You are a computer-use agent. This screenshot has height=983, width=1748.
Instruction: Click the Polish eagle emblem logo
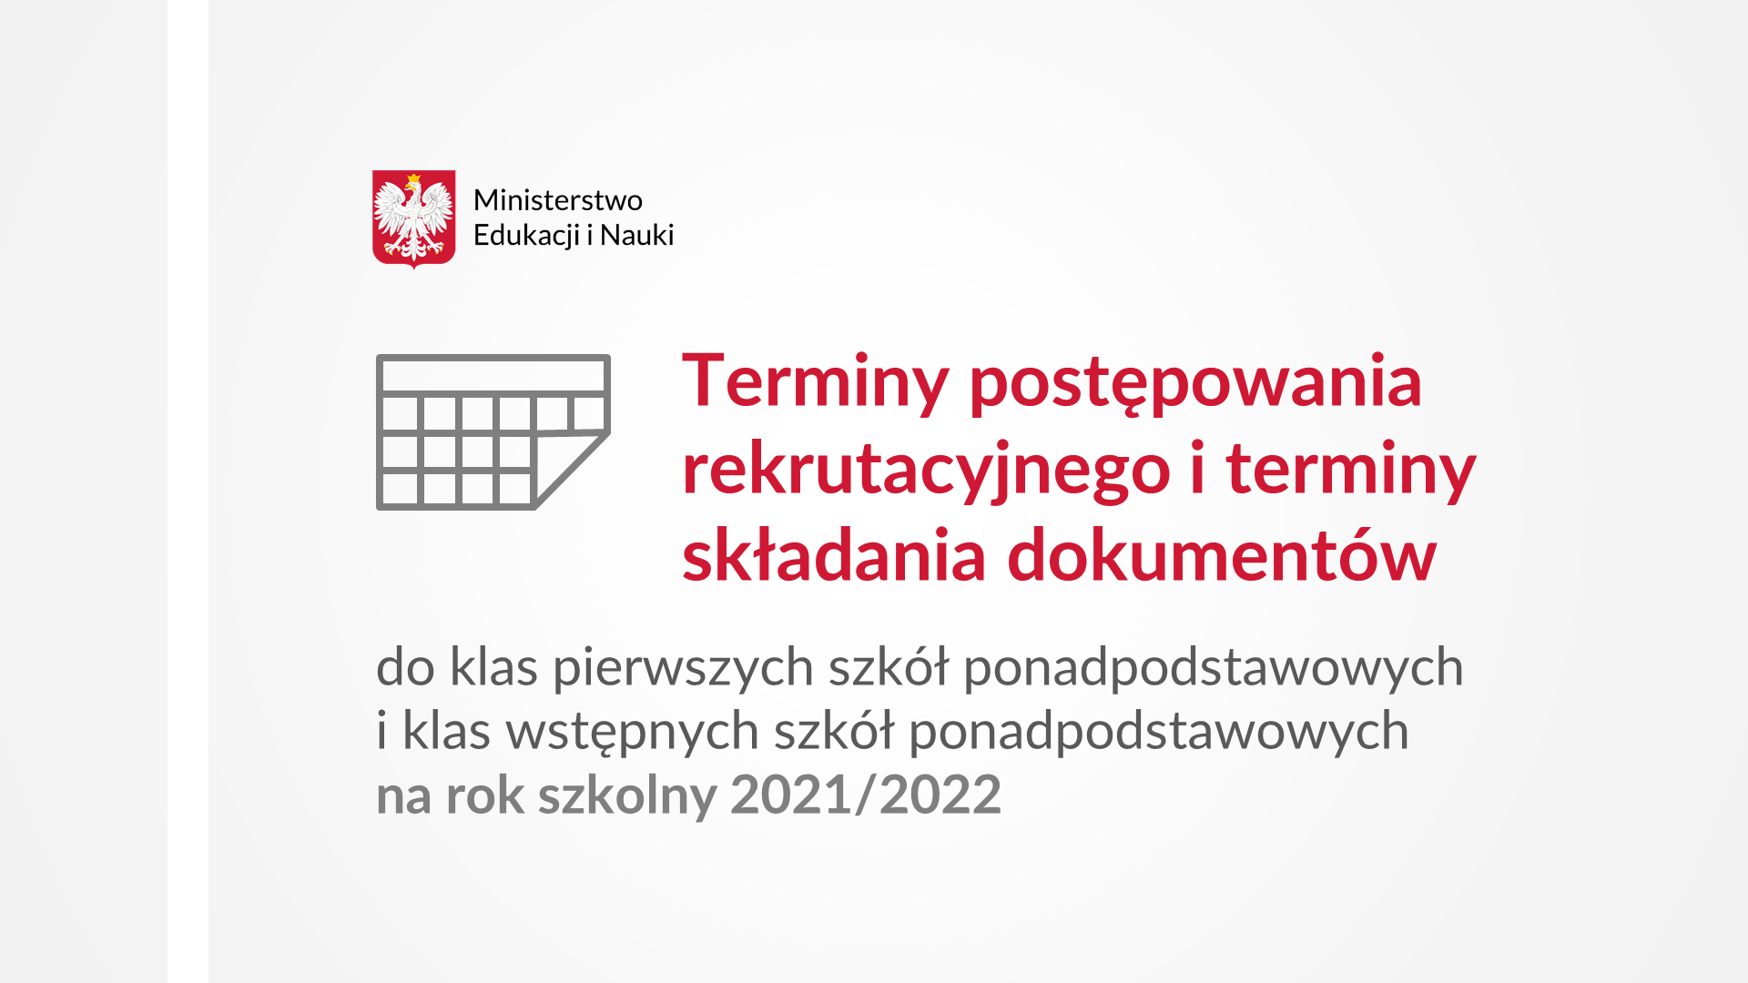[413, 219]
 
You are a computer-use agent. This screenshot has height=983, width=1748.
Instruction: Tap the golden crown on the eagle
[413, 179]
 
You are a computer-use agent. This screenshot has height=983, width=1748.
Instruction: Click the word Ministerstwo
[557, 200]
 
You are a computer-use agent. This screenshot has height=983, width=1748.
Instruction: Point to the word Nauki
[636, 235]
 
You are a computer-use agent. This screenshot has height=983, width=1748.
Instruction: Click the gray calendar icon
[493, 432]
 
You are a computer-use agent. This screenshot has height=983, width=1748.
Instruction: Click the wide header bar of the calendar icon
[493, 375]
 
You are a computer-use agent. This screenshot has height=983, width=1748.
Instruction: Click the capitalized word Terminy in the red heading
[816, 382]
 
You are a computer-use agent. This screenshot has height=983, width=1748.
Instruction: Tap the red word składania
[834, 555]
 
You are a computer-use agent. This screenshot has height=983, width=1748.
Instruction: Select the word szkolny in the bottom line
[628, 796]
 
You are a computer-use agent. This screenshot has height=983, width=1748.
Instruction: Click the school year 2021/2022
[866, 795]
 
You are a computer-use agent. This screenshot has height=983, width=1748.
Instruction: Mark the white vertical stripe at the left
[188, 491]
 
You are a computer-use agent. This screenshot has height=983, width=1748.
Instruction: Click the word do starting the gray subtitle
[406, 667]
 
